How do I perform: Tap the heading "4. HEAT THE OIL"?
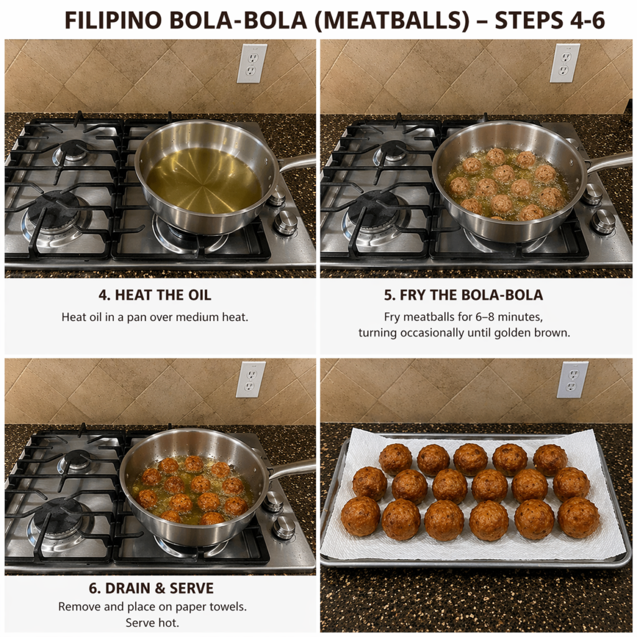pos(155,295)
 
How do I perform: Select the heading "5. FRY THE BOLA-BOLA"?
pos(463,295)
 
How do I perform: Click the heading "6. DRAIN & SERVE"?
pos(151,588)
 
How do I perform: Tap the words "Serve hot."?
pos(152,623)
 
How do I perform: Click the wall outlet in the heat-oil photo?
pos(253,63)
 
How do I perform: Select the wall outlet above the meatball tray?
pos(572,380)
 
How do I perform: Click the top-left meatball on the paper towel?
pos(395,460)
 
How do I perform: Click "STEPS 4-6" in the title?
pos(550,21)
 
